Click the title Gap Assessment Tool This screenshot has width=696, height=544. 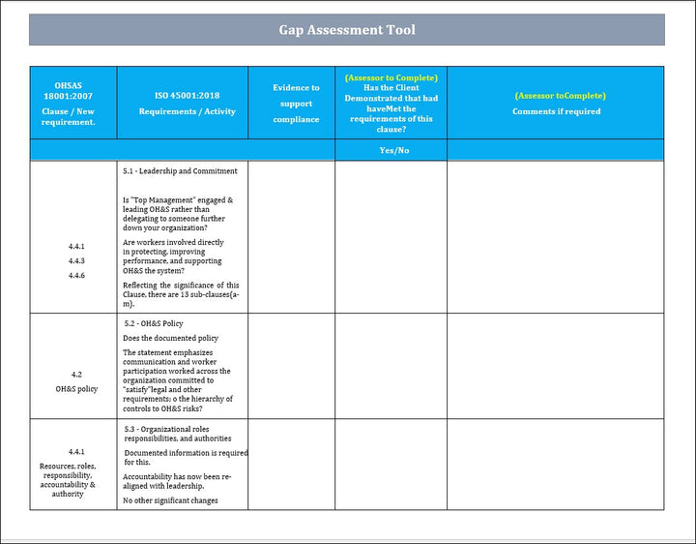coord(347,30)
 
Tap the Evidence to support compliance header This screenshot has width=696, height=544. coord(295,104)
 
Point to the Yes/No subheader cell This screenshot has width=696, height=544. coord(391,150)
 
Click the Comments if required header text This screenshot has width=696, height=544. coord(556,111)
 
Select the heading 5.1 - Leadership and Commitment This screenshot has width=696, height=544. coord(180,171)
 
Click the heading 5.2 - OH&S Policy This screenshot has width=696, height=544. coord(154,323)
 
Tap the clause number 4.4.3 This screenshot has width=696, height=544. coord(76,260)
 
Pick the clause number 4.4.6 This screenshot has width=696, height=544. coord(76,275)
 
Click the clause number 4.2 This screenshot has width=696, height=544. coord(76,374)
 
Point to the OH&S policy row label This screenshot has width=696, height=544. coord(76,389)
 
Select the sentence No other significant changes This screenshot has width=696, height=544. coord(170,500)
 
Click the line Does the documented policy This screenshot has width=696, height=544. coord(170,338)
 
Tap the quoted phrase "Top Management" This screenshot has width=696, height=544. coord(159,200)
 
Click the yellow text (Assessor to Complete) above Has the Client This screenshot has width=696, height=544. coord(391,77)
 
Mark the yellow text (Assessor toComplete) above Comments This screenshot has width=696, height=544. coord(561,96)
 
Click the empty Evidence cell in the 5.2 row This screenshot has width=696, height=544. coord(291,366)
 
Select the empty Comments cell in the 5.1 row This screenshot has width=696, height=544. coord(555,236)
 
